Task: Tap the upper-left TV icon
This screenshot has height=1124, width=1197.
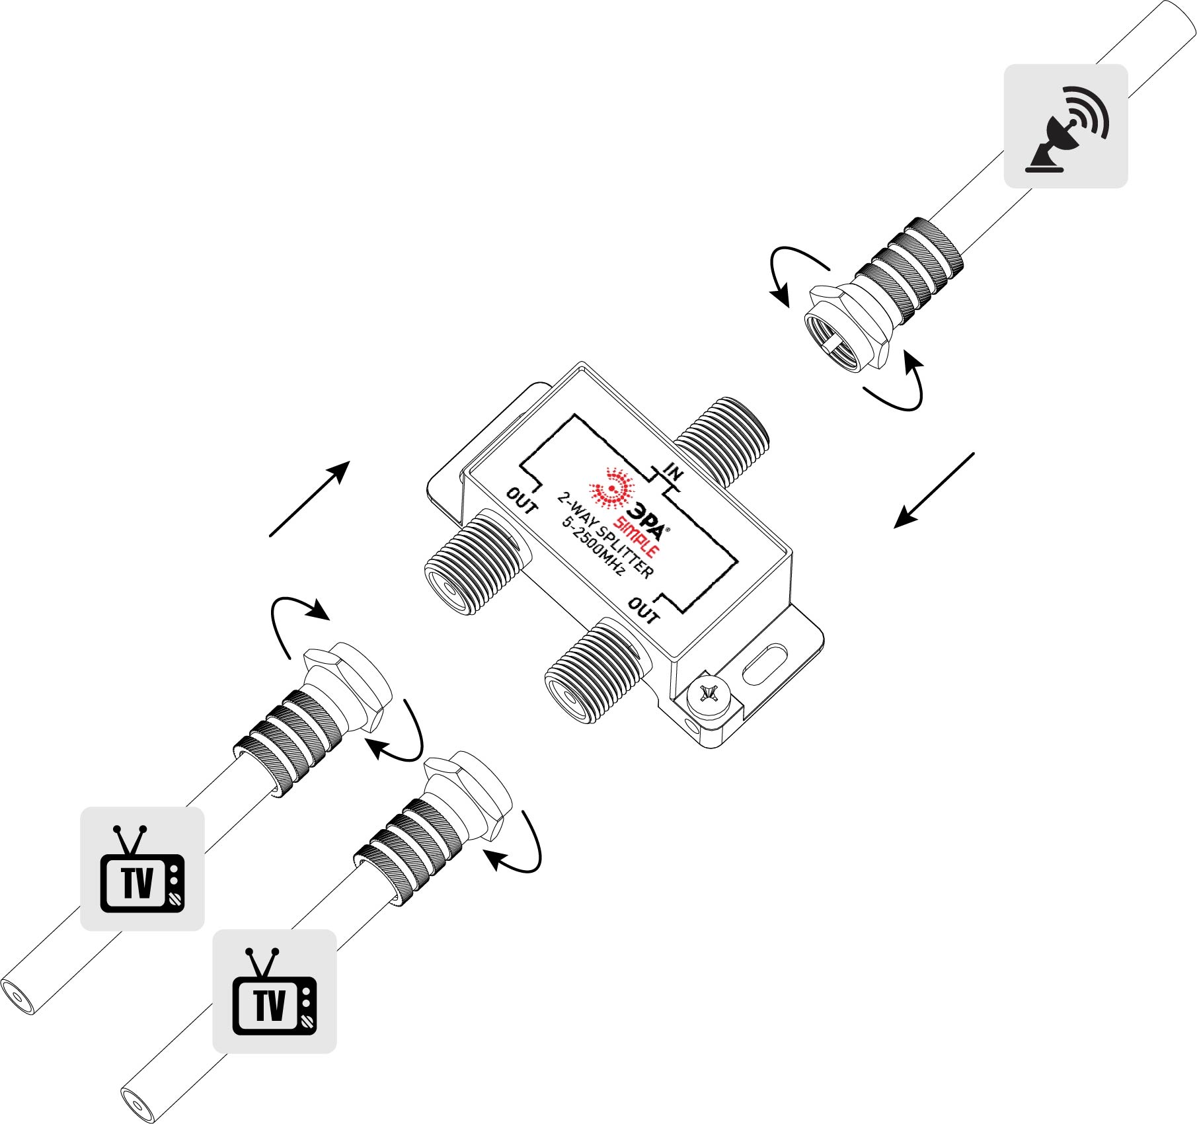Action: [142, 869]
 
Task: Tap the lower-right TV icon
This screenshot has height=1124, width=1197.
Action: [274, 991]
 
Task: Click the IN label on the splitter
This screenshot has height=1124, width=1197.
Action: [674, 472]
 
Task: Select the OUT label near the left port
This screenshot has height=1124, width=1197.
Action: [522, 501]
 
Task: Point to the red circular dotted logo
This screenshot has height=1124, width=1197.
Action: [612, 489]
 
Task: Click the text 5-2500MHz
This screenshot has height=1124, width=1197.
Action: [593, 546]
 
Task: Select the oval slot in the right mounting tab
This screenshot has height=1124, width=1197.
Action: [765, 664]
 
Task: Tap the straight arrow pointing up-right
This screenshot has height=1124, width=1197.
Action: [309, 499]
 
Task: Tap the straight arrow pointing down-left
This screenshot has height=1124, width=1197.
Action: [934, 490]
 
